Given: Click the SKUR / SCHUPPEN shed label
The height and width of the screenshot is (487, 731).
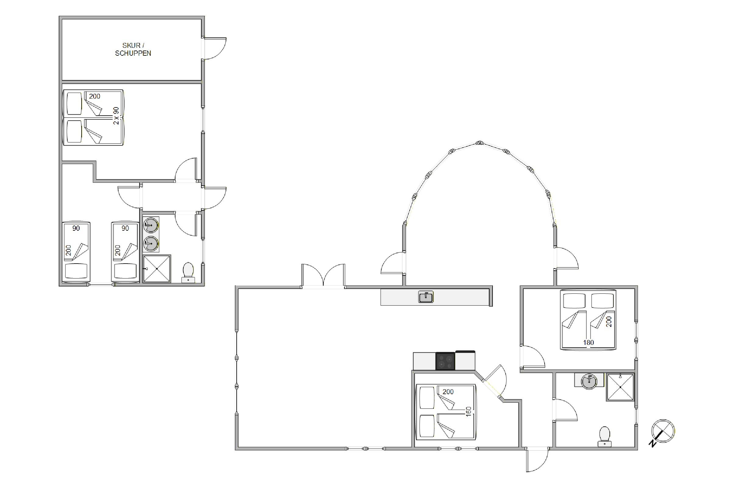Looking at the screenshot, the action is tap(133, 49).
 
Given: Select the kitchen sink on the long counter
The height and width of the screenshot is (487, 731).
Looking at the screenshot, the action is tap(426, 297).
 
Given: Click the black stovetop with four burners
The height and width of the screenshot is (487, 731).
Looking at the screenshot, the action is tap(445, 361).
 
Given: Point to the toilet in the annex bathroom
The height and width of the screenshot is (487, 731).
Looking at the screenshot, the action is tap(188, 273).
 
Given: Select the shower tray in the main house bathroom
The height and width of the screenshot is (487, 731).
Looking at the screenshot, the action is tap(620, 387).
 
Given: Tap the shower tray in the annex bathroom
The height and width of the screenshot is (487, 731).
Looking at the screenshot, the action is tap(157, 269).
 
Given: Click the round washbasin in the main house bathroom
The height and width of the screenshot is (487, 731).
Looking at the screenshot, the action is tap(589, 382).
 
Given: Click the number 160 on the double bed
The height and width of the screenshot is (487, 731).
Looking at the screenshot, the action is tap(469, 411).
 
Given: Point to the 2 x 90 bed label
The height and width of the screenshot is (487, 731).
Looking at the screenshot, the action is tap(116, 116).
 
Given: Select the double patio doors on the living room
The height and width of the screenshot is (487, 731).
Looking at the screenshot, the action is tap(323, 275).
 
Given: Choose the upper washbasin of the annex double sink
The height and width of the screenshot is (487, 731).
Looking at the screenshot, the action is tap(151, 225).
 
